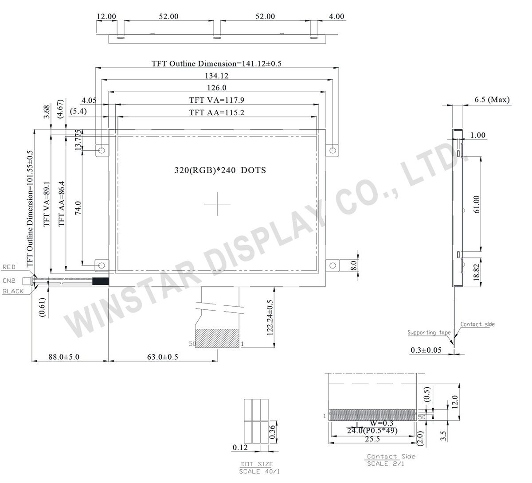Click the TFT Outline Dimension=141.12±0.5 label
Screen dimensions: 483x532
216,63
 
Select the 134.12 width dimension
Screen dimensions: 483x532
217,76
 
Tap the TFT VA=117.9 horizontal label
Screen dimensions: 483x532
217,100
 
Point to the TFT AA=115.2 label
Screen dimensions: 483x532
217,113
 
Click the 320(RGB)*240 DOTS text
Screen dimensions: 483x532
220,170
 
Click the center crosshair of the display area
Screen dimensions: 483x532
217,204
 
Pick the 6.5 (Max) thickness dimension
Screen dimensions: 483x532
492,100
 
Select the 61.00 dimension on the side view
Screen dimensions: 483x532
477,205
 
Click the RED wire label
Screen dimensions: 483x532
9,267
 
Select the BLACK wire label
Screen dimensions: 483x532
13,291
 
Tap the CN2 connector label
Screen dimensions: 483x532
9,280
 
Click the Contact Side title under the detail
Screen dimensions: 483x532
391,456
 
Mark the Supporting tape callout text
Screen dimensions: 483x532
429,332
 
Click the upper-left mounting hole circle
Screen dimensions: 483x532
102,151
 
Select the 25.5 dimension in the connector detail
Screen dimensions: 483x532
372,439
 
